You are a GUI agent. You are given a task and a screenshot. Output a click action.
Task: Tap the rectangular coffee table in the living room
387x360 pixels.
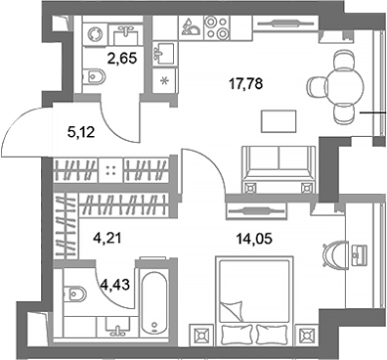point(278,121)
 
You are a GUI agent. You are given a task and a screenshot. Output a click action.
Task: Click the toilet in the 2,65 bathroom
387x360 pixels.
point(96,77)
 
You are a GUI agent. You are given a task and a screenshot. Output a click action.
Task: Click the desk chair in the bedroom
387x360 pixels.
point(334,253)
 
